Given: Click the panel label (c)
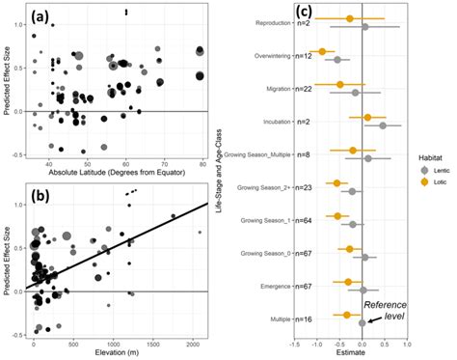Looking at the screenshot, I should click(302, 13).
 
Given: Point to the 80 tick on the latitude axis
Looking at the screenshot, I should click(201, 162).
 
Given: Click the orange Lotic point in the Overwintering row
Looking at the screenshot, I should click(323, 50).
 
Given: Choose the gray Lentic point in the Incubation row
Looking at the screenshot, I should click(382, 125).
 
